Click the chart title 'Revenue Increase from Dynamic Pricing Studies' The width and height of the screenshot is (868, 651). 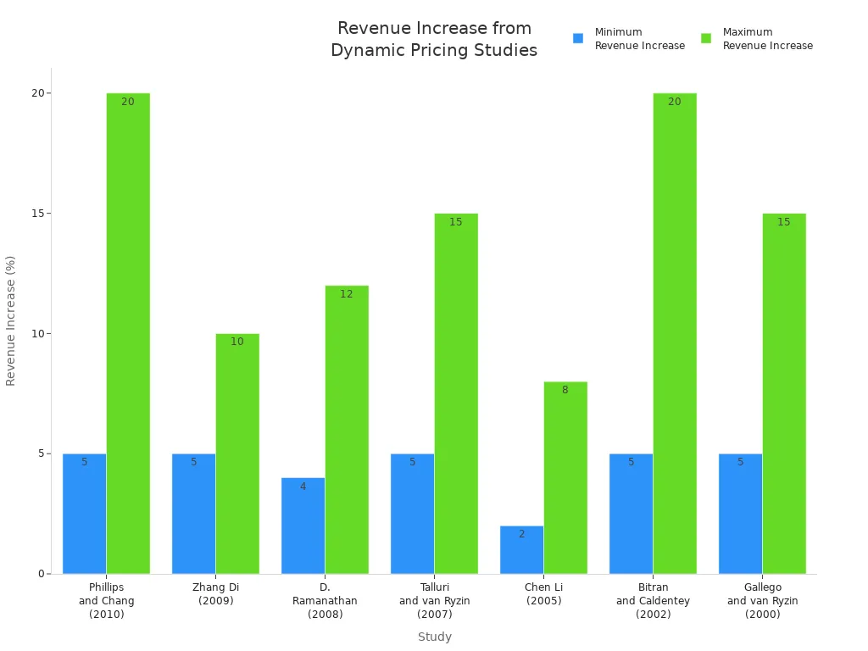434,40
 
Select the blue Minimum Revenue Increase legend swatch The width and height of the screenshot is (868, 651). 578,38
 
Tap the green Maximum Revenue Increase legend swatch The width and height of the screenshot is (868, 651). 706,38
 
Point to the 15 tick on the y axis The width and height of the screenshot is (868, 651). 37,214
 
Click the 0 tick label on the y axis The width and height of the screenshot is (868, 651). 40,574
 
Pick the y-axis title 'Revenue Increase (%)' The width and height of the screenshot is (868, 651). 11,320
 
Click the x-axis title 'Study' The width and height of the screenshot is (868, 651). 434,637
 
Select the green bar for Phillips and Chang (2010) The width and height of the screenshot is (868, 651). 128,333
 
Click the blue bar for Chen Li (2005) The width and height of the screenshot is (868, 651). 521,550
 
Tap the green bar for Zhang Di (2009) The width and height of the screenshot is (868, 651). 237,453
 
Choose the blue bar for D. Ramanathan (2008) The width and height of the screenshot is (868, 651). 303,526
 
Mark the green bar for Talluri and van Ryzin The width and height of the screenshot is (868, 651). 456,393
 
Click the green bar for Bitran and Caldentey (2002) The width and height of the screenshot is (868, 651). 675,333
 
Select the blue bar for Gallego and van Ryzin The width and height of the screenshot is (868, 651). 740,514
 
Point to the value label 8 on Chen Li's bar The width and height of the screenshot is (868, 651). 565,390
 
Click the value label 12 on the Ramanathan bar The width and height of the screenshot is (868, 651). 347,294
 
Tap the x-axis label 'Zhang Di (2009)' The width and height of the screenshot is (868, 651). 215,594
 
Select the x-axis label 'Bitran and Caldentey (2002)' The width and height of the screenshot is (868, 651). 653,600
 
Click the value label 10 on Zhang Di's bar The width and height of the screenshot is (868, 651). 237,342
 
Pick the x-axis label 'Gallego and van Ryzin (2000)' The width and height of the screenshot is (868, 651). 762,600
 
